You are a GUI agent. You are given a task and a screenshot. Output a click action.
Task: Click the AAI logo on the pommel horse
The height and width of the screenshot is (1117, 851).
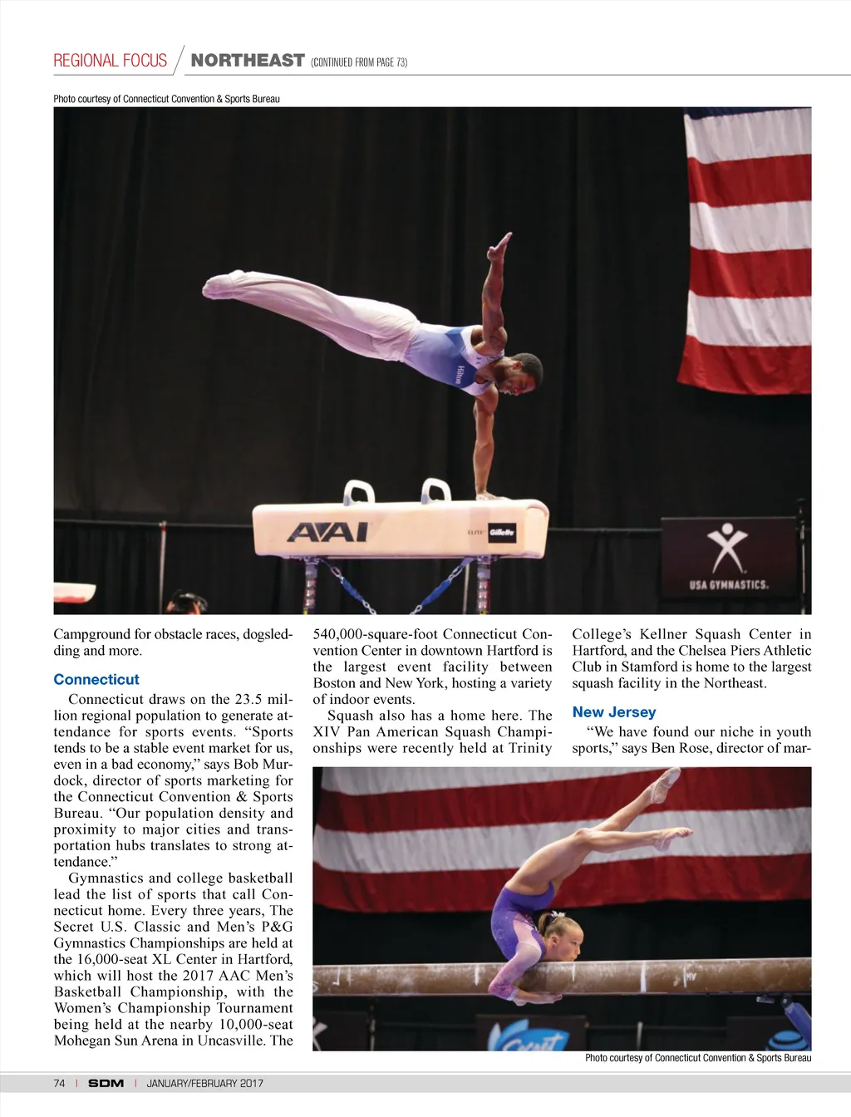(x=327, y=532)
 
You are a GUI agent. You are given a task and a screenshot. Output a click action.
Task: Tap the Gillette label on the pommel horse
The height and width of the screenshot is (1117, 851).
(x=501, y=532)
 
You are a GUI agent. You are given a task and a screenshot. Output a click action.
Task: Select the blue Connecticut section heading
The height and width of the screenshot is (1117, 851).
(x=96, y=679)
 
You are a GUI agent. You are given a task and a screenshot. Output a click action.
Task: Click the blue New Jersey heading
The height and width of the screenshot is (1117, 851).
(x=614, y=712)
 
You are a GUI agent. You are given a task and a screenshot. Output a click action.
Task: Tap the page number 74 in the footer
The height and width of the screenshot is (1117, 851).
(x=59, y=1083)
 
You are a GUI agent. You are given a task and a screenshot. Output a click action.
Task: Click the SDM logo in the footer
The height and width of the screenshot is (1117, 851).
(x=106, y=1083)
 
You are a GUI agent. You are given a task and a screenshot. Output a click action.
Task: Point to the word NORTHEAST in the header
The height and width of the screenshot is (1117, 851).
(x=248, y=61)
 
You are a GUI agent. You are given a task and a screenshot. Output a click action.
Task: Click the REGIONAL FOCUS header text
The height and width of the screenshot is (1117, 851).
(x=111, y=61)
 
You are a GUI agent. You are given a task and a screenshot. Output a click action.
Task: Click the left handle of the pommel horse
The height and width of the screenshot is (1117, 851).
(x=357, y=491)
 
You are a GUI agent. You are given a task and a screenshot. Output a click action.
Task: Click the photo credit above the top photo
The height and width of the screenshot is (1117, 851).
(x=166, y=99)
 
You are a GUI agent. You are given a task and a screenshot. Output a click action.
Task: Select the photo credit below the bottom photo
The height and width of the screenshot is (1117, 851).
(x=698, y=1058)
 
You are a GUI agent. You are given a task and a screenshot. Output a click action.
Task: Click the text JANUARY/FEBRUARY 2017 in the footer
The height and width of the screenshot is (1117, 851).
(x=204, y=1083)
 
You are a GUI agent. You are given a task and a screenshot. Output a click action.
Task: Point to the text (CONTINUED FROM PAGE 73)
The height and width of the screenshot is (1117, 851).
(x=358, y=62)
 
